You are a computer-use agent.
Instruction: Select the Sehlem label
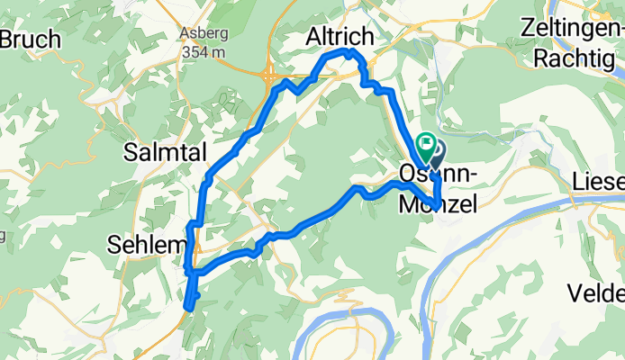tap(147, 244)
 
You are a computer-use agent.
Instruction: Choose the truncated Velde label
tap(596, 293)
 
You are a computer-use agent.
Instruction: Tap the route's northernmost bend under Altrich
tap(344, 54)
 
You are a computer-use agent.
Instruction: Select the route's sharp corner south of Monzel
tap(436, 208)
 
